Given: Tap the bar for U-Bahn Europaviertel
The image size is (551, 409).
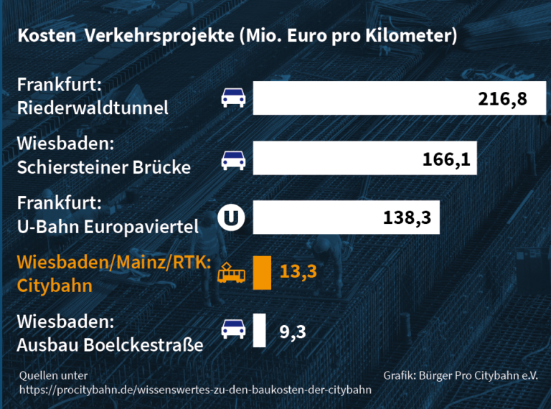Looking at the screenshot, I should pyautogui.click(x=316, y=217).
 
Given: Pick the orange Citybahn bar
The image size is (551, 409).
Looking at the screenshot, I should pyautogui.click(x=262, y=273).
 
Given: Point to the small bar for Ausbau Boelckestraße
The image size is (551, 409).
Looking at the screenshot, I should pyautogui.click(x=259, y=331).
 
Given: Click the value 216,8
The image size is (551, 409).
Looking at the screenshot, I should pyautogui.click(x=502, y=98).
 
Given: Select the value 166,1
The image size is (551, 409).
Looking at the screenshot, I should pyautogui.click(x=446, y=159).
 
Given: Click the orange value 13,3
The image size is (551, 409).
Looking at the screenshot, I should pyautogui.click(x=298, y=273).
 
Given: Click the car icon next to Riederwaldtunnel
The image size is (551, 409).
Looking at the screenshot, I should pyautogui.click(x=234, y=98).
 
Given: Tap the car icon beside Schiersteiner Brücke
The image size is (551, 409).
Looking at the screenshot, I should pyautogui.click(x=234, y=159).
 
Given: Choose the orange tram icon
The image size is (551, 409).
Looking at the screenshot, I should pyautogui.click(x=232, y=273).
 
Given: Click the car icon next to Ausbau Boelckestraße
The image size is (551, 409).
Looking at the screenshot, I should pyautogui.click(x=234, y=329).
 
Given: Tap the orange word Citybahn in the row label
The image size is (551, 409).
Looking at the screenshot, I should pyautogui.click(x=55, y=286).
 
